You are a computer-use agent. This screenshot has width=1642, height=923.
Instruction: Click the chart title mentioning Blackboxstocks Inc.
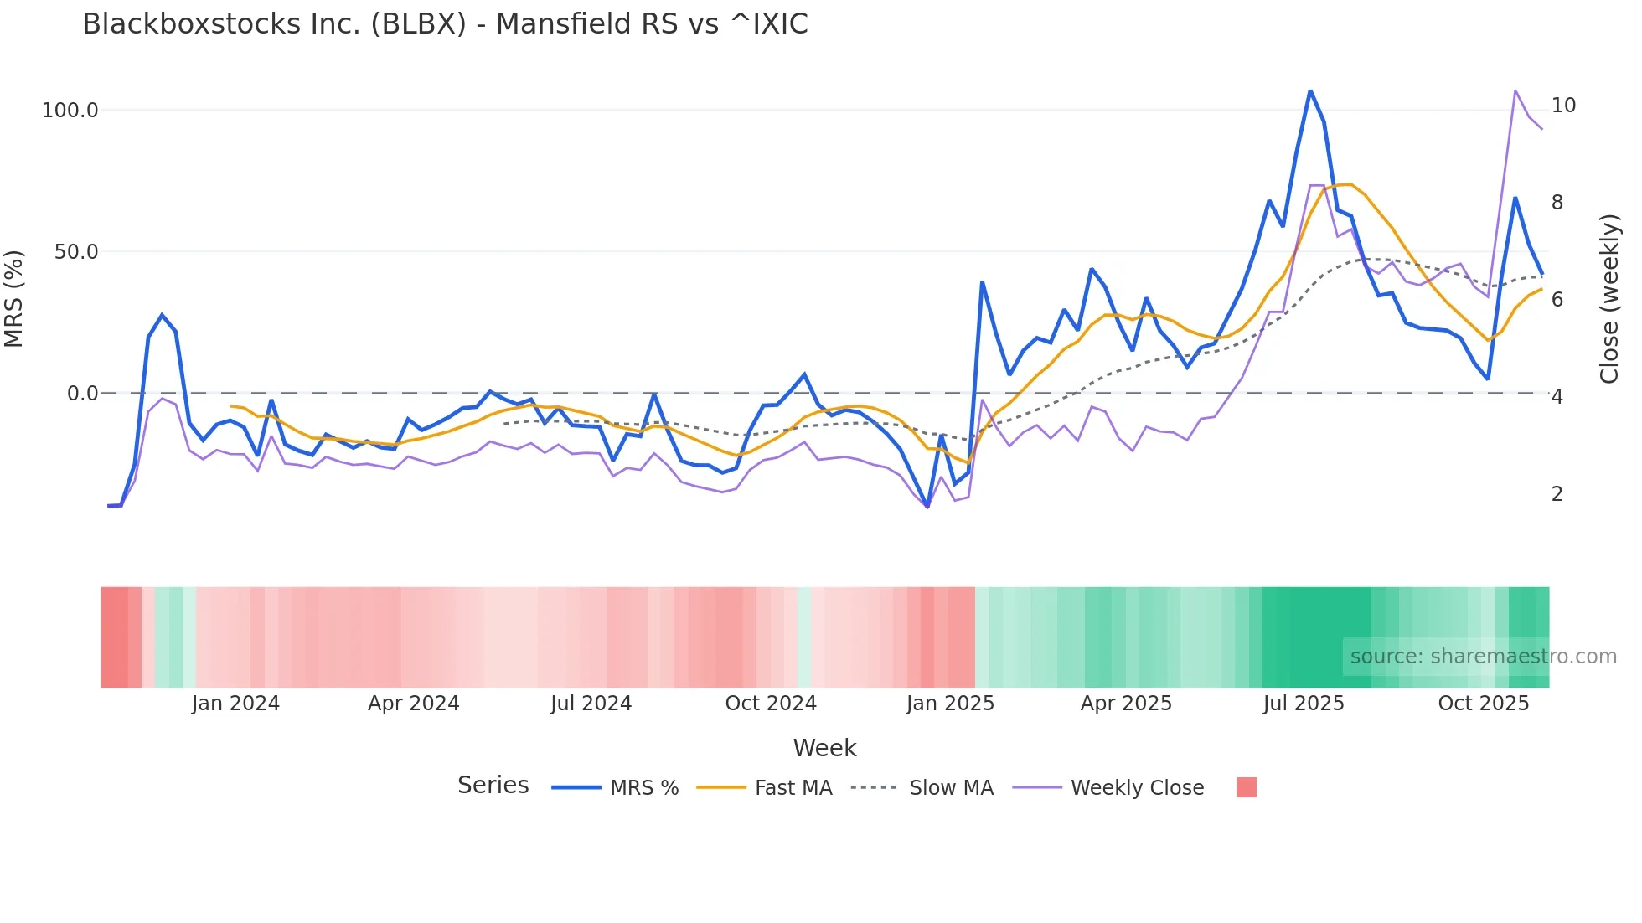[445, 24]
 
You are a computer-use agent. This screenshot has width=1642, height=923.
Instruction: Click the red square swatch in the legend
[1247, 787]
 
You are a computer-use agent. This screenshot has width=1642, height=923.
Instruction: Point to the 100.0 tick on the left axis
[70, 111]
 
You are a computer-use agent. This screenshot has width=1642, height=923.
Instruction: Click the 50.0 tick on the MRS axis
[76, 252]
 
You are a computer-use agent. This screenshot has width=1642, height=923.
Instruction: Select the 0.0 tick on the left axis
[82, 394]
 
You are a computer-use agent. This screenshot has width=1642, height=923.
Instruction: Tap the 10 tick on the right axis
[1563, 106]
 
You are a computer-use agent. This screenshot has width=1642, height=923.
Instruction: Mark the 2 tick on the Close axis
[1557, 494]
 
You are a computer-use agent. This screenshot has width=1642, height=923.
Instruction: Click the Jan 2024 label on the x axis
[235, 704]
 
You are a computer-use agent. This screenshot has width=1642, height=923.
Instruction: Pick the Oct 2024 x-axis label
[771, 704]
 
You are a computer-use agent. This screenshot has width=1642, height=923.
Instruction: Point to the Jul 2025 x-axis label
[1304, 704]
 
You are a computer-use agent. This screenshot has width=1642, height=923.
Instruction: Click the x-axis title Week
[824, 748]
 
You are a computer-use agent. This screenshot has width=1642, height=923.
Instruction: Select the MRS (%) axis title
[14, 298]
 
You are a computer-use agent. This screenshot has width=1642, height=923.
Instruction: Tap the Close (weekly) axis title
[1608, 298]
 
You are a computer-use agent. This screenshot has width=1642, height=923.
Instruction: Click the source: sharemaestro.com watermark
[1483, 657]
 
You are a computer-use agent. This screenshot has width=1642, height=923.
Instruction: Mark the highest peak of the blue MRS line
[1310, 91]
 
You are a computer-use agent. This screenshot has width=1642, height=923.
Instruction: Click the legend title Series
[493, 786]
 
